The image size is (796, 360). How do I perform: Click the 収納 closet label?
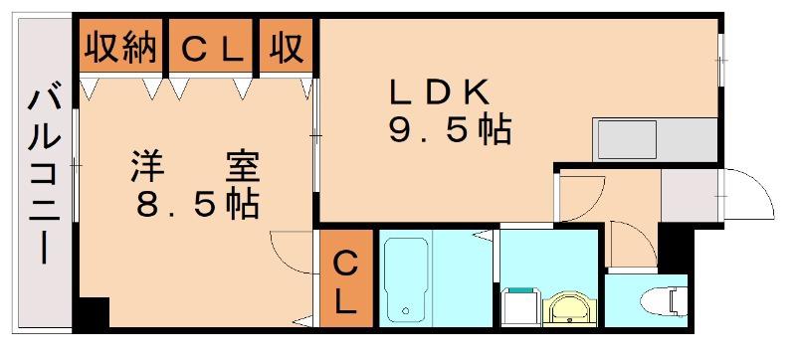point(120,49)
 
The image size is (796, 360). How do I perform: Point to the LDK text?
point(439,93)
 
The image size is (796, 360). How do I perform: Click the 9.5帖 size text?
point(450,132)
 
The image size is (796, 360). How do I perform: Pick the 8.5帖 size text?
point(197,204)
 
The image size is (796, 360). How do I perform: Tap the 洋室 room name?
point(195,166)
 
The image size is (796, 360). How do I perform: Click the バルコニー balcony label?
point(44,176)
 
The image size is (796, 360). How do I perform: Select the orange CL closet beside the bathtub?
point(347,277)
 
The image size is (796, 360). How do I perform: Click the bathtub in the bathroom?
point(405,278)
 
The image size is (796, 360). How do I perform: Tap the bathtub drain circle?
point(405,310)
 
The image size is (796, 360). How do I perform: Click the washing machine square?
point(520,307)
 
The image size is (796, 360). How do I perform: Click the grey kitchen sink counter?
point(655,139)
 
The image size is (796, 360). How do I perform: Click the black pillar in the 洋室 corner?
point(92,313)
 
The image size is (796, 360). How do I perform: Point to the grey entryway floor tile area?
point(692,195)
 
